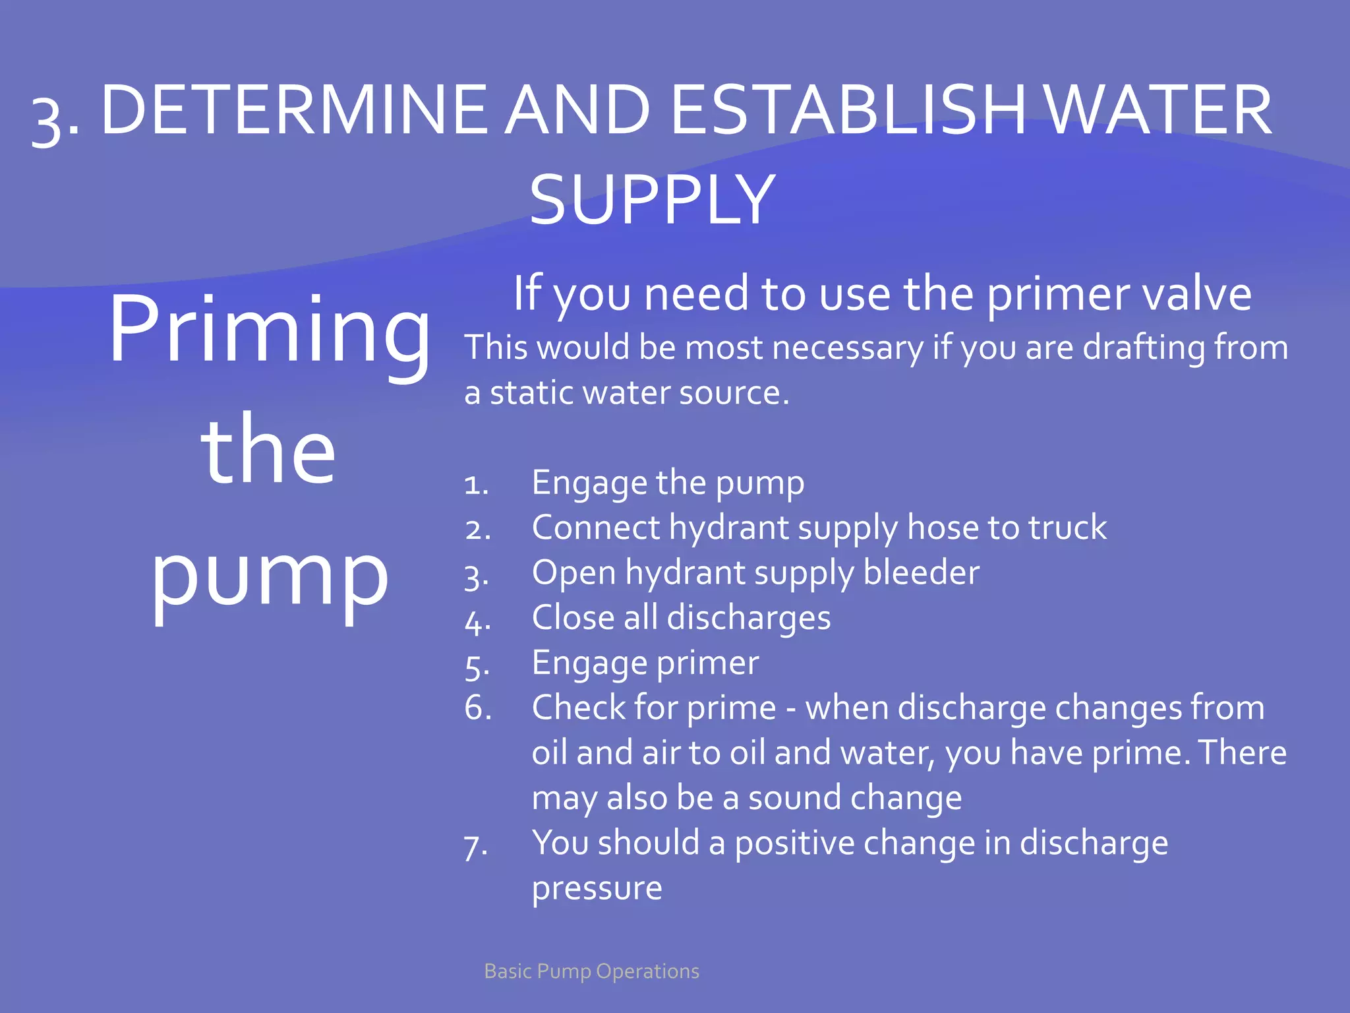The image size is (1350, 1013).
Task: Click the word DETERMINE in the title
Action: [x=294, y=111]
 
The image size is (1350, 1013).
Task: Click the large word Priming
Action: [x=269, y=330]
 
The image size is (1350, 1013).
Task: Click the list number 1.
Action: [x=476, y=485]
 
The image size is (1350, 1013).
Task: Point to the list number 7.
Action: [x=475, y=845]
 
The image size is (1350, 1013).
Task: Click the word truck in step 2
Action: [x=1067, y=528]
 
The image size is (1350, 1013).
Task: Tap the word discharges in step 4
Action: [x=748, y=618]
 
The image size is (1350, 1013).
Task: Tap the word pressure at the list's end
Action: [x=597, y=888]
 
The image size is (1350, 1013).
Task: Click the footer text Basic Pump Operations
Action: [x=591, y=971]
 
